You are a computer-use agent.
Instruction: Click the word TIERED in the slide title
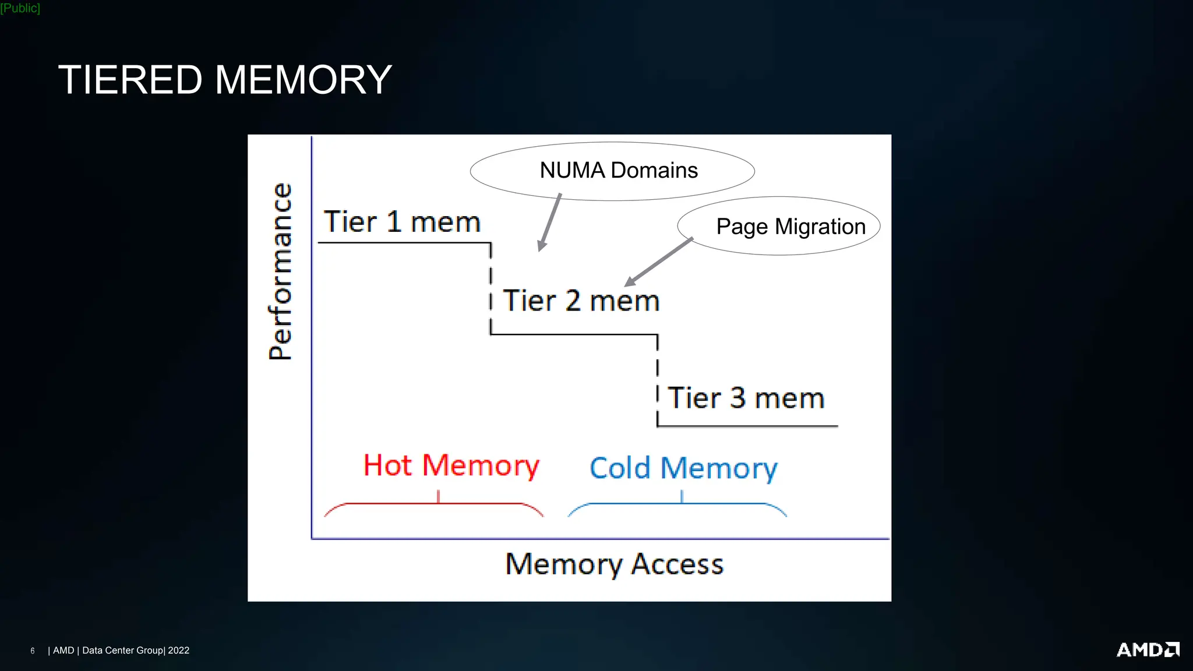[130, 80]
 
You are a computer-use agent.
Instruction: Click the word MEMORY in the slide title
[303, 80]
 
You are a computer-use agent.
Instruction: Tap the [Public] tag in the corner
[20, 8]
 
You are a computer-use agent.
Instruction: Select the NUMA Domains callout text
[618, 171]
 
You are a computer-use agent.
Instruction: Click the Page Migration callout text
[790, 227]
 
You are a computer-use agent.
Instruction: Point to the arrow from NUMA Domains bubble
[550, 223]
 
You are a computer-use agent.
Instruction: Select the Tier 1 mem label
[402, 222]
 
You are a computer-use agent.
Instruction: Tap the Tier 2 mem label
[581, 301]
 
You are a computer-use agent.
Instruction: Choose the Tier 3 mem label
[746, 398]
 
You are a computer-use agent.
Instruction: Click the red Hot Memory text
[451, 465]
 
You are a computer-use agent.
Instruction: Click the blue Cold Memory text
[683, 468]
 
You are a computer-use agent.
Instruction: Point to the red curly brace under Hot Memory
[434, 504]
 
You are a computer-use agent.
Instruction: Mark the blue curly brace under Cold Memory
[677, 504]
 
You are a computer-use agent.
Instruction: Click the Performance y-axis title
[280, 271]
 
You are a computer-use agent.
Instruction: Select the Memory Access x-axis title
[614, 564]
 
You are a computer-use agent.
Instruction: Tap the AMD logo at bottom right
[1147, 649]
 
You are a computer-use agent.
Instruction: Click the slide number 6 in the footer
[33, 651]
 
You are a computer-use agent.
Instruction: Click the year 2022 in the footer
[178, 651]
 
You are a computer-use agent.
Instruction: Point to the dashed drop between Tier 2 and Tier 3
[657, 379]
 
